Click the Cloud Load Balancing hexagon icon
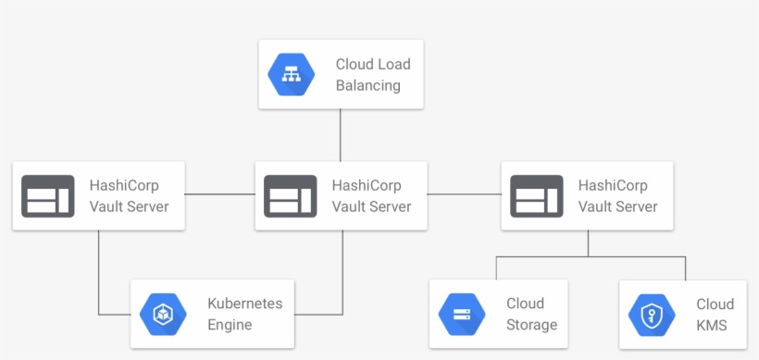coord(291,75)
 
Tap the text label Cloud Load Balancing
coord(372,75)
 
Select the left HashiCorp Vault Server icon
coord(46,195)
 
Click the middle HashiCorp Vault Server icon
coord(290,195)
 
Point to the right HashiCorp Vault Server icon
coord(536,195)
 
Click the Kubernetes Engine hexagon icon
coord(163,315)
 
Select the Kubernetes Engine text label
coord(244,315)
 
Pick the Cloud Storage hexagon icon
coord(462,315)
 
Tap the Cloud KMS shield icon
coord(652,315)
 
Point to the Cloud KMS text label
coord(715,315)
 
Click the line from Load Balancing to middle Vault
coord(341,135)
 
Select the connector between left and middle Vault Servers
coord(219,194)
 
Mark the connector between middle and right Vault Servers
coord(464,194)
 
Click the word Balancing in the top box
coord(367,86)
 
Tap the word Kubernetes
coord(244,304)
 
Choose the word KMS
coord(713,326)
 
